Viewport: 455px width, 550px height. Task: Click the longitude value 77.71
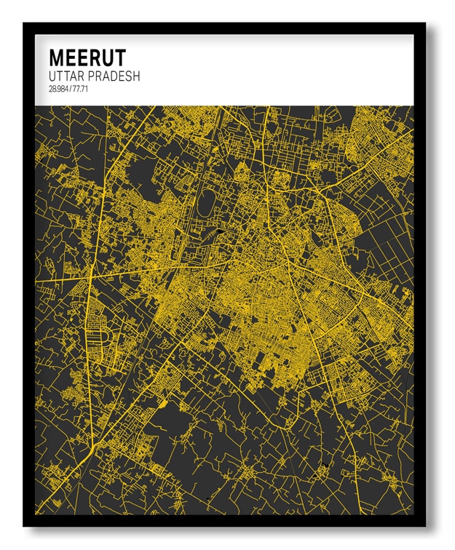click(x=79, y=89)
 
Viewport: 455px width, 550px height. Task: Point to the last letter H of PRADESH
click(x=136, y=76)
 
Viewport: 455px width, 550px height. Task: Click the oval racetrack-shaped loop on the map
click(x=205, y=203)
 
